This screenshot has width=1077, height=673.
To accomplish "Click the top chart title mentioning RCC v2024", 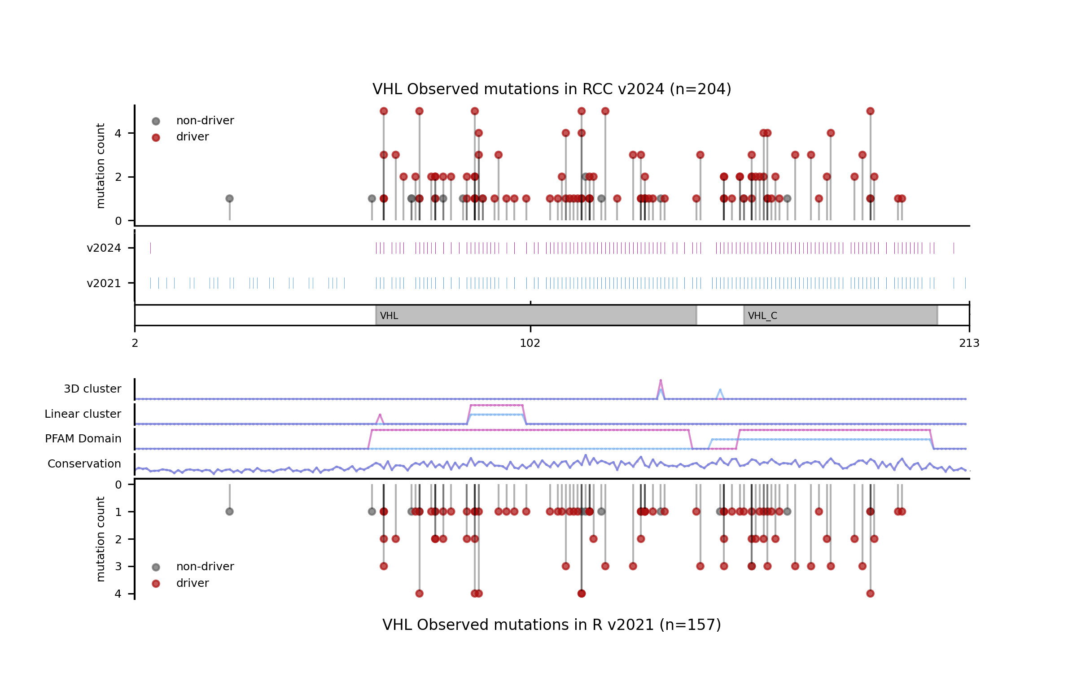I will point(552,89).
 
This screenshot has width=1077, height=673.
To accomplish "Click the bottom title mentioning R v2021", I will point(552,625).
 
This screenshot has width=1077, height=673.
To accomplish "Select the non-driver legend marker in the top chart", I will point(156,121).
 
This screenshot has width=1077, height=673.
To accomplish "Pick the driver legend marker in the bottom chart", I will point(156,584).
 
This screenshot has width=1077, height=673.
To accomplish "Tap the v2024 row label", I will point(104,248).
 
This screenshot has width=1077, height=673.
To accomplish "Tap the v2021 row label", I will point(104,284).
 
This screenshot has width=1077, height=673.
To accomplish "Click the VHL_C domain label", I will point(762,316).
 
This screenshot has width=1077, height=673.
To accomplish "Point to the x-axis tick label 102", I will point(530,343).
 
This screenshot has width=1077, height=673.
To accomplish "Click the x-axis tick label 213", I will point(969,343).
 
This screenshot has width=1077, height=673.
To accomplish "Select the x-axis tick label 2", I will point(135,343).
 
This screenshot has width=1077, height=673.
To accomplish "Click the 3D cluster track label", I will point(92,389).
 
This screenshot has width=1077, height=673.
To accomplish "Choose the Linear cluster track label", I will point(83,414).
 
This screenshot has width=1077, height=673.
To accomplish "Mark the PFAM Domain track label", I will point(83,439).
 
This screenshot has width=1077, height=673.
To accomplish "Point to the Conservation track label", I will point(84,464).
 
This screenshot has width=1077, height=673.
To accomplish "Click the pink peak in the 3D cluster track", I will point(661,381).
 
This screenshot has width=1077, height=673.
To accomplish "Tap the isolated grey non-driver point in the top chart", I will point(229,198).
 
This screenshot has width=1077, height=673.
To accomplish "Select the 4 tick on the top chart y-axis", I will point(118,133).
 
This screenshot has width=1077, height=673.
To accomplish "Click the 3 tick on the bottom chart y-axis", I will point(118,567).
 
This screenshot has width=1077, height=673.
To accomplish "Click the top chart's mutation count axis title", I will point(101,166).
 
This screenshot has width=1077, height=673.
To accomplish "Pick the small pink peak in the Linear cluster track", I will point(380,415).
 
